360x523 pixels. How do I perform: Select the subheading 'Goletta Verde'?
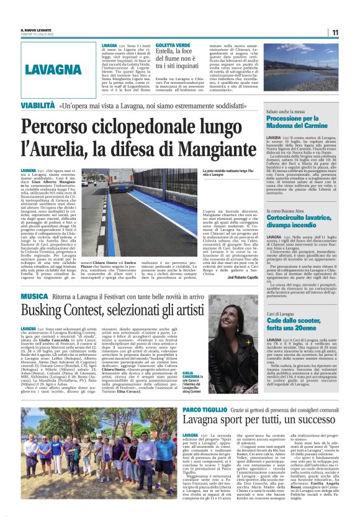160,45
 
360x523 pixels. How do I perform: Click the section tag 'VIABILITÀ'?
37,106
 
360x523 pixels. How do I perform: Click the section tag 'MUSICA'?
36,297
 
